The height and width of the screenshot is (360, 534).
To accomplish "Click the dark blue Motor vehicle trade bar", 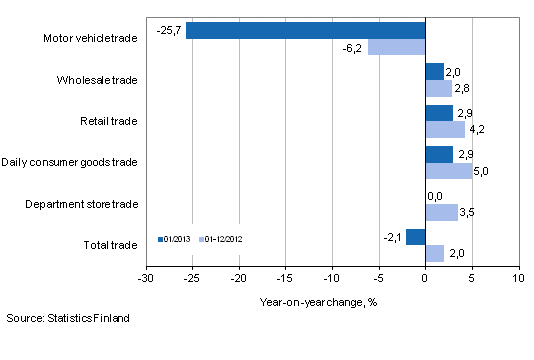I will (305, 30).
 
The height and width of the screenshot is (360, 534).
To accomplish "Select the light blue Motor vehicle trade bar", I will (396, 47).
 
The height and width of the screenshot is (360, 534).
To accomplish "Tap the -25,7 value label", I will (169, 31).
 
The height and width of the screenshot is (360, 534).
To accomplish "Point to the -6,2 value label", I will (352, 48).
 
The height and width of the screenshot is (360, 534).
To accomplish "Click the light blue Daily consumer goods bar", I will (448, 171).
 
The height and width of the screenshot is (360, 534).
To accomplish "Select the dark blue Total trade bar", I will (415, 236).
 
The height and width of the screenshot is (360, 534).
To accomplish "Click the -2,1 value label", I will (392, 236).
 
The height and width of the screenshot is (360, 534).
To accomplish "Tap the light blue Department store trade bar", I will (441, 212).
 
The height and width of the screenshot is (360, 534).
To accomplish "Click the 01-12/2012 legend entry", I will (223, 239).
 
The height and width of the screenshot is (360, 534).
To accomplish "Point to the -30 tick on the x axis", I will (146, 277).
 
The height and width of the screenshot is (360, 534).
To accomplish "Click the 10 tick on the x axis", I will (517, 277).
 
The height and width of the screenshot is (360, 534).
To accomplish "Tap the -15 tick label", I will (285, 277).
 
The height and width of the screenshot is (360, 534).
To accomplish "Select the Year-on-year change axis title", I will (331, 298).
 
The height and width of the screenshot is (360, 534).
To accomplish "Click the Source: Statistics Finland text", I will (66, 318).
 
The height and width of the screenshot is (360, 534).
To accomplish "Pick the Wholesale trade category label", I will (100, 80).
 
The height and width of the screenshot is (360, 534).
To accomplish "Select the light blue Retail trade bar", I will (445, 129).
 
